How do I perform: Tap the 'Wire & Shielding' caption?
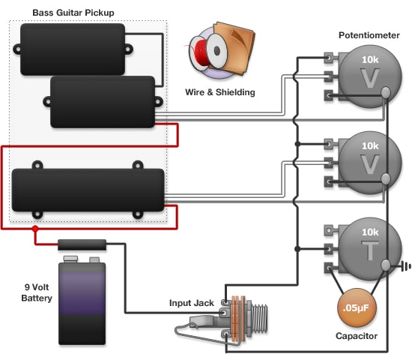pos(219,92)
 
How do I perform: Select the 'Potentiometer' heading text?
pos(368,35)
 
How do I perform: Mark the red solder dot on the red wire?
pos(34,229)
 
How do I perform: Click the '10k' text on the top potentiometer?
pos(369,59)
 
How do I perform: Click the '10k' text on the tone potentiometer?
pos(369,233)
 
